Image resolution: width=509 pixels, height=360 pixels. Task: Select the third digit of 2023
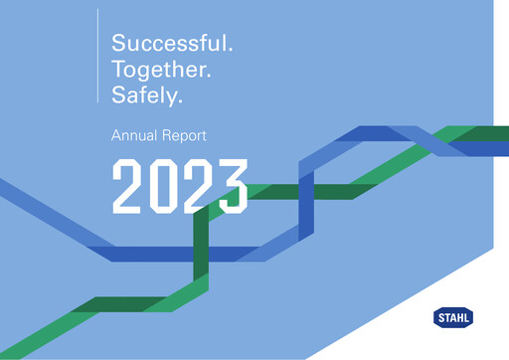click(198, 185)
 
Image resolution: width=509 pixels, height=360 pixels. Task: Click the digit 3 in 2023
click(232, 185)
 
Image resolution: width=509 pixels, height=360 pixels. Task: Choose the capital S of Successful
click(118, 44)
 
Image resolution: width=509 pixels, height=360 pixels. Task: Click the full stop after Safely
click(184, 102)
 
